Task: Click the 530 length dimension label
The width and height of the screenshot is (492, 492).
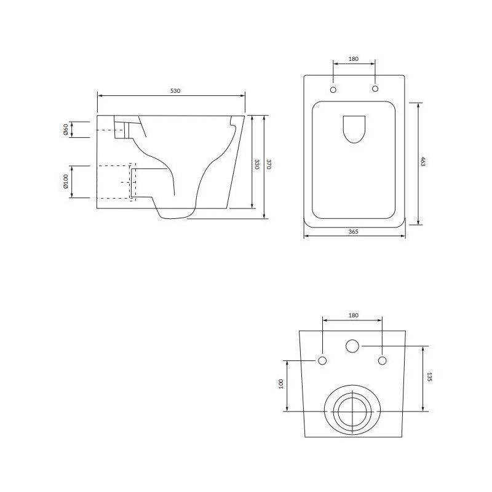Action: tap(175, 91)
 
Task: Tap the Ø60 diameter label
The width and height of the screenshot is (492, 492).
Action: tap(66, 129)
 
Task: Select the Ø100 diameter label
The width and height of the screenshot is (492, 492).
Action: tap(66, 181)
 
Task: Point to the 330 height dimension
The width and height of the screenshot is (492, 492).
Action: tap(256, 164)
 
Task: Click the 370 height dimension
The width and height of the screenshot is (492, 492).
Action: tap(268, 164)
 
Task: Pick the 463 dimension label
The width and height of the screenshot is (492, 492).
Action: tap(423, 161)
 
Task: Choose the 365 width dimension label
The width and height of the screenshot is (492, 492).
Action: tap(353, 232)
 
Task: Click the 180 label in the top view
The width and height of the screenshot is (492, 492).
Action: tap(353, 58)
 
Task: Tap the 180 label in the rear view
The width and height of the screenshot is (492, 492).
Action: tap(353, 315)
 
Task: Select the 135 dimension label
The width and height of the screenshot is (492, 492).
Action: tap(429, 377)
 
